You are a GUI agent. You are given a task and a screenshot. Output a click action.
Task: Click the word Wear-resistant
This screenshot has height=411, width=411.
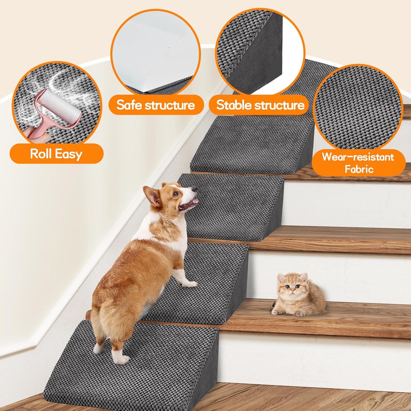click(358, 157)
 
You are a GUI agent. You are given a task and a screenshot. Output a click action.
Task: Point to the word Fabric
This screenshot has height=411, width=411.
click(359, 169)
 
